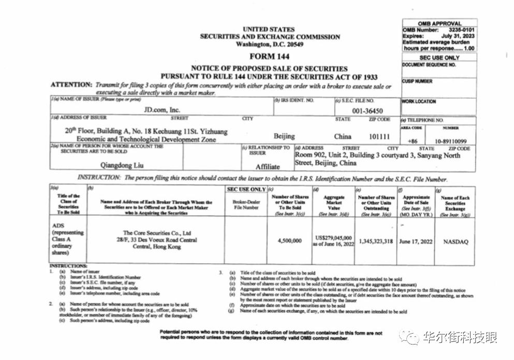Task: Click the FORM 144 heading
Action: point(269,56)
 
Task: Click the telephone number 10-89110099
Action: point(450,140)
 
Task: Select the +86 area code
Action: point(413,140)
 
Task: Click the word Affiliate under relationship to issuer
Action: point(267,167)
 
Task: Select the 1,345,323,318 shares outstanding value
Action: point(375,242)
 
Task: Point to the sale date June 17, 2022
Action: point(416,242)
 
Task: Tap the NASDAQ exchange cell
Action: point(455,242)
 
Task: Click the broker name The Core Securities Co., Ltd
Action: point(156,233)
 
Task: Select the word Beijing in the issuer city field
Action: point(284,137)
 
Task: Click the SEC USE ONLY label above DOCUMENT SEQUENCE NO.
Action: point(439,58)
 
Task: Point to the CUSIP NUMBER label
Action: point(417,81)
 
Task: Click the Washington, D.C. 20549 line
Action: point(269,44)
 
